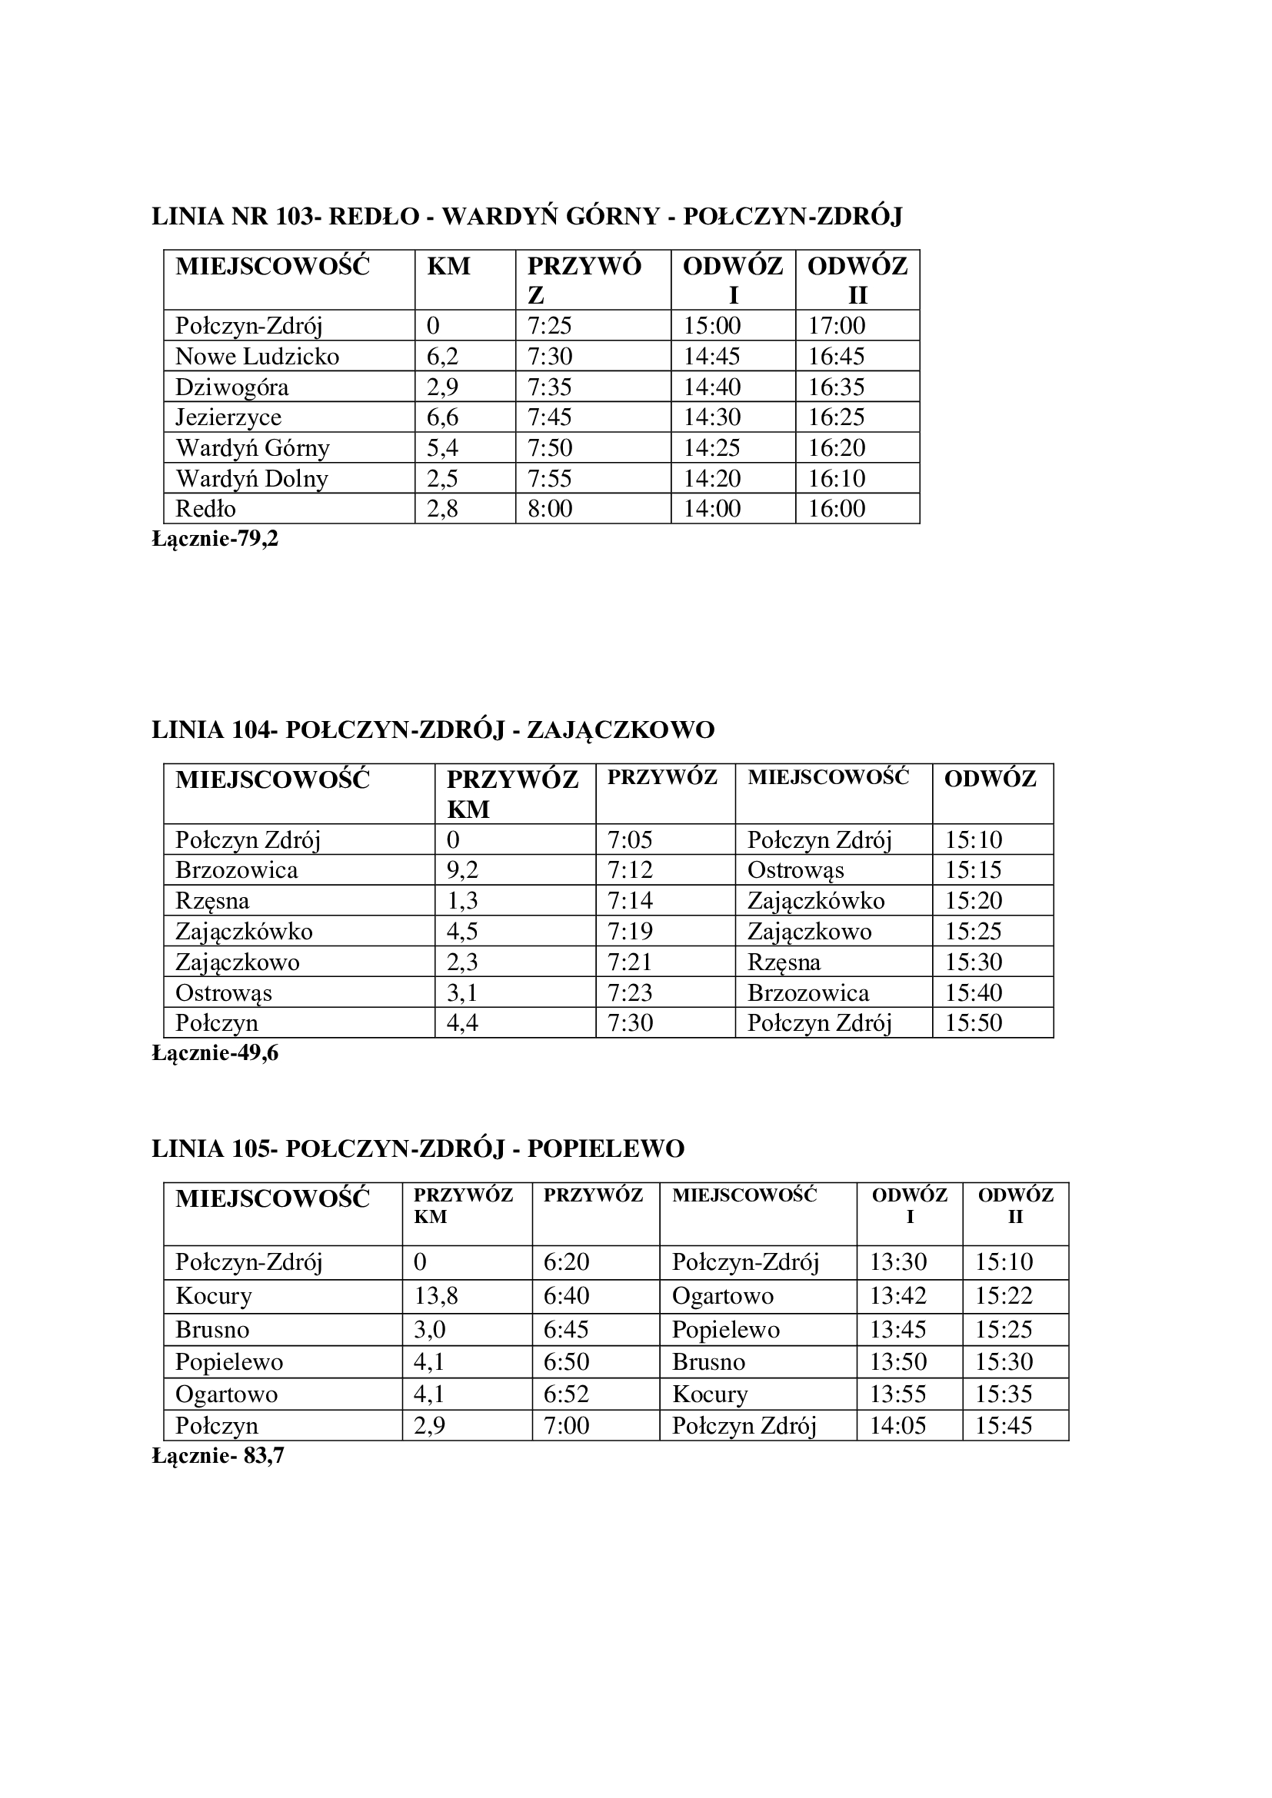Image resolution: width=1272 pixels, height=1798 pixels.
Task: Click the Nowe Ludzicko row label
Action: click(x=257, y=357)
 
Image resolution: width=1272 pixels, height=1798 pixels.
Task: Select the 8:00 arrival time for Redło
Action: click(x=550, y=509)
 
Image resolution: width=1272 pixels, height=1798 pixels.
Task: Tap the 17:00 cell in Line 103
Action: click(x=837, y=326)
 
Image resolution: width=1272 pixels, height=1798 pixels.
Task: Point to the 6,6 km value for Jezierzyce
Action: click(x=442, y=417)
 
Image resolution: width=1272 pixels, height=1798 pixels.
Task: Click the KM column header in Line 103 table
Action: click(x=449, y=266)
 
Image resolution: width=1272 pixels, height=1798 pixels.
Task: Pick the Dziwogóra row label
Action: click(x=231, y=387)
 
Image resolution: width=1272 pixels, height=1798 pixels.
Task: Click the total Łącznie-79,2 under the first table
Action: click(x=215, y=539)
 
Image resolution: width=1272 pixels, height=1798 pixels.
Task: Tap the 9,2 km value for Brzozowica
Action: click(x=462, y=870)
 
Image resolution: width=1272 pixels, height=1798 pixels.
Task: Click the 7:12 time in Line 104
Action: click(x=630, y=870)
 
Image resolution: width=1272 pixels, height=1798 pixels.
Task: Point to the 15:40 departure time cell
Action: click(x=974, y=993)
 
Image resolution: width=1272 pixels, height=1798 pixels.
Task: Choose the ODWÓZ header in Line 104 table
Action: click(x=990, y=779)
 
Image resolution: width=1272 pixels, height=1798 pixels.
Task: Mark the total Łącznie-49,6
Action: click(x=215, y=1053)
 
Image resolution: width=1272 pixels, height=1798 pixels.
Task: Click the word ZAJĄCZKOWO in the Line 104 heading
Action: click(x=621, y=730)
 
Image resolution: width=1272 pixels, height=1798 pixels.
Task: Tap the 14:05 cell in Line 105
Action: click(x=897, y=1425)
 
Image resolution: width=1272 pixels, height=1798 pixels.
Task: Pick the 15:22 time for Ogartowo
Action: click(x=1004, y=1296)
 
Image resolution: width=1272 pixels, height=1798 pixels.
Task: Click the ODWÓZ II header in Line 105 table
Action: click(x=1015, y=1206)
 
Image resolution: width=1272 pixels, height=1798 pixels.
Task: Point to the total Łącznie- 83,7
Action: click(x=218, y=1456)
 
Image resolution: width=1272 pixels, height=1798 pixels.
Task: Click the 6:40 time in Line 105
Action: click(x=566, y=1296)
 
